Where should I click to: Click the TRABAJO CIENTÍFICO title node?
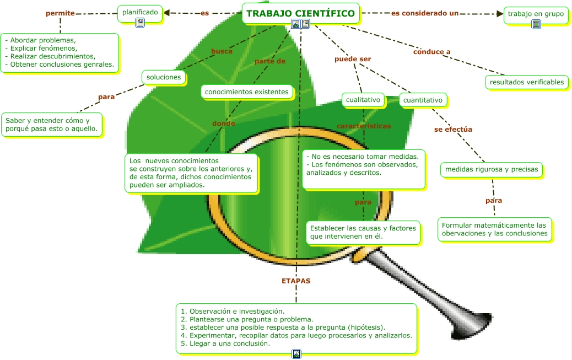coord(300,13)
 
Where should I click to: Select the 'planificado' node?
coord(140,12)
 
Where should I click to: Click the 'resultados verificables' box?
coord(527,82)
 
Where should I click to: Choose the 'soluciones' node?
coord(164,77)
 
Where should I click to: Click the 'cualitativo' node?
coord(363,100)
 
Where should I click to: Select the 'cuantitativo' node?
coord(423,100)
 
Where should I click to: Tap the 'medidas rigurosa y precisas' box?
coord(492,169)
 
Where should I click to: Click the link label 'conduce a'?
coord(432,52)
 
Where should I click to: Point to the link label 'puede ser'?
coord(353,59)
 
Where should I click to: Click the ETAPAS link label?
coord(296,281)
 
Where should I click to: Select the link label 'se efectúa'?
coord(453,130)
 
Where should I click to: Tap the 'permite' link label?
coord(60,13)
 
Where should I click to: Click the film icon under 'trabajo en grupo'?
coord(536,24)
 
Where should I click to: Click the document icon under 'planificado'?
coord(140,23)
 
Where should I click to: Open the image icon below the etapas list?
coord(296,353)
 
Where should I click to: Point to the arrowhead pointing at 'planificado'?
coord(167,13)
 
